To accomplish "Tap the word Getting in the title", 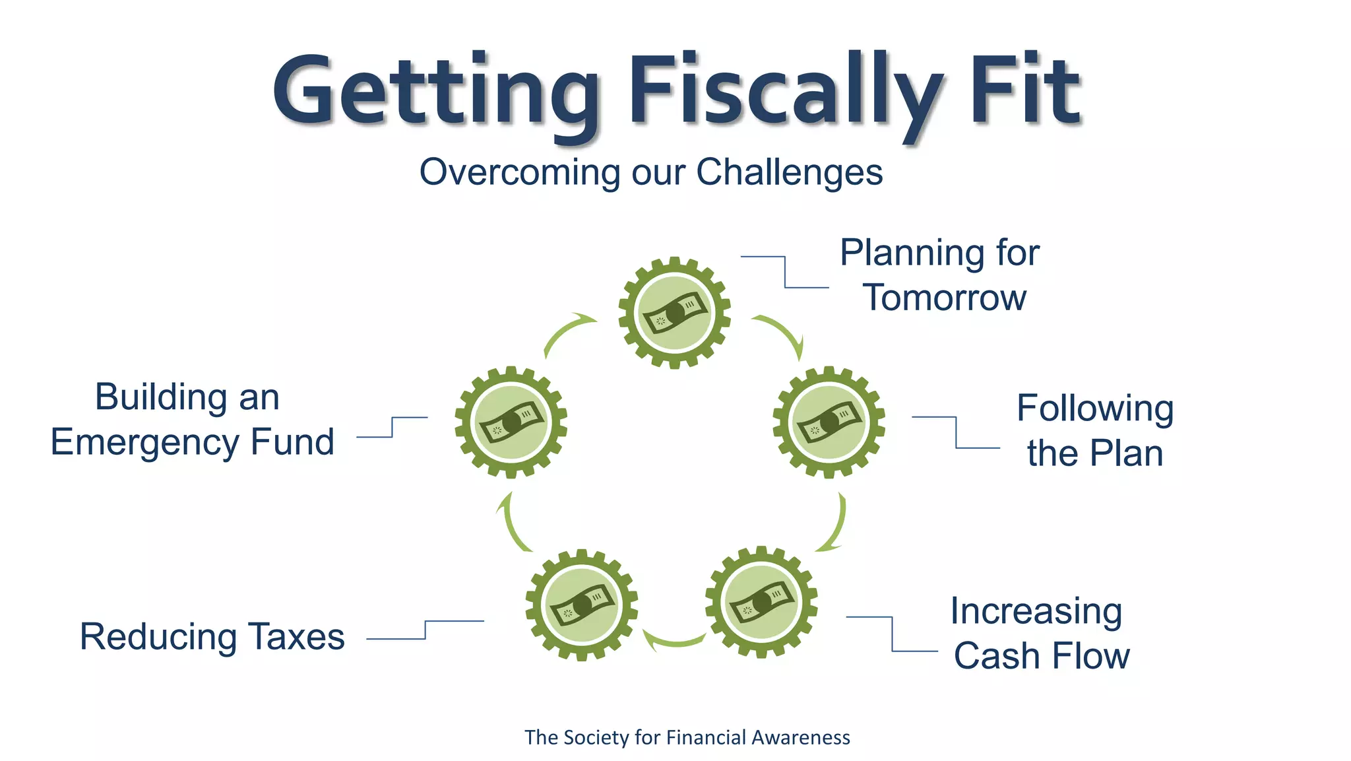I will click(x=435, y=90).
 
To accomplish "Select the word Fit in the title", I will click(x=1025, y=90).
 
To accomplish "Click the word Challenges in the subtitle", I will click(x=789, y=173).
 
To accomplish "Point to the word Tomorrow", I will click(x=944, y=298).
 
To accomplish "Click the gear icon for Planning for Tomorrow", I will click(x=674, y=313).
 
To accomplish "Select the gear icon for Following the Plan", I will click(x=829, y=422).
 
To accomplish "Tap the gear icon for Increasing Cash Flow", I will click(x=761, y=602).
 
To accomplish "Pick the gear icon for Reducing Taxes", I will click(x=581, y=605).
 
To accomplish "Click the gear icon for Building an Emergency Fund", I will click(x=511, y=422).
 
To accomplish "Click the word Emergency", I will click(x=144, y=442).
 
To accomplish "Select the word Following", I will click(x=1094, y=409).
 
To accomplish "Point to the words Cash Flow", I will click(x=1041, y=656).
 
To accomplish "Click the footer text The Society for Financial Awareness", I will click(x=687, y=737).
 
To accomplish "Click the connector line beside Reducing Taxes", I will click(x=425, y=630).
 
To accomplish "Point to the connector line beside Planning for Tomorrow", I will click(x=785, y=272).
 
